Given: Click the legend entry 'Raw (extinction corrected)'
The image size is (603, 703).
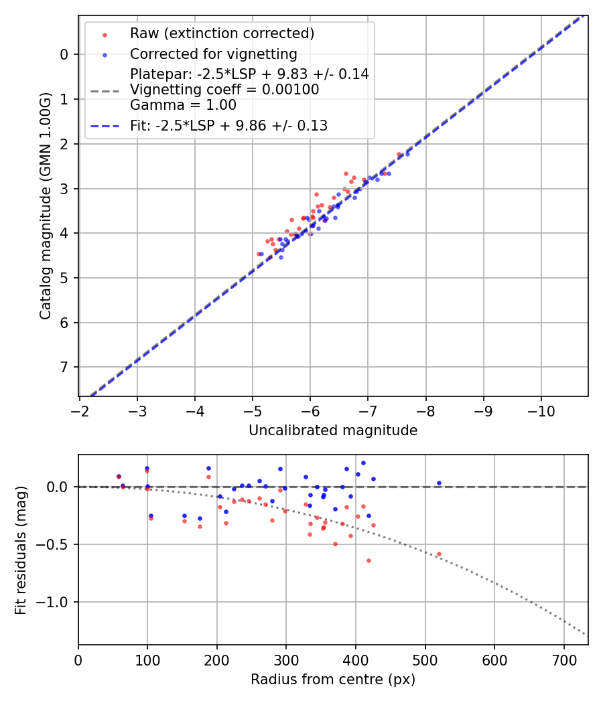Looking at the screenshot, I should click(222, 33).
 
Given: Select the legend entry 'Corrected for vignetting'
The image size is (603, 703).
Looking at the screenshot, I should click(213, 54).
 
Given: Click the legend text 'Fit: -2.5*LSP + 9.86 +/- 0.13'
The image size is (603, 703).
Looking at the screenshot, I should click(228, 126).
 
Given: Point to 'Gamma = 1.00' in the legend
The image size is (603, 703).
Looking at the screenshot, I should click(183, 105).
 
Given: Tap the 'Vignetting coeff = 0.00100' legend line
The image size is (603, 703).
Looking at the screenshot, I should click(224, 90).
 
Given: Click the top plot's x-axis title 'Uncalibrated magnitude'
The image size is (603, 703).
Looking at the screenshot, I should click(333, 431).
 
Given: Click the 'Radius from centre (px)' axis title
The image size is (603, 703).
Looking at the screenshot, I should click(333, 680).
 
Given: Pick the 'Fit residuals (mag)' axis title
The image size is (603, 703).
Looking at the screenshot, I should click(21, 550).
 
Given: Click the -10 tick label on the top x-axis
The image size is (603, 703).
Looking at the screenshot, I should click(541, 409).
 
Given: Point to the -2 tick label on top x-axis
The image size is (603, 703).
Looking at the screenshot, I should click(80, 409).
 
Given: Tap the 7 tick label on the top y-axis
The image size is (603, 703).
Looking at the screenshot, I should click(64, 367).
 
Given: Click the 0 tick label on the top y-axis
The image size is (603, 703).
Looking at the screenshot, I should click(64, 54).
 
